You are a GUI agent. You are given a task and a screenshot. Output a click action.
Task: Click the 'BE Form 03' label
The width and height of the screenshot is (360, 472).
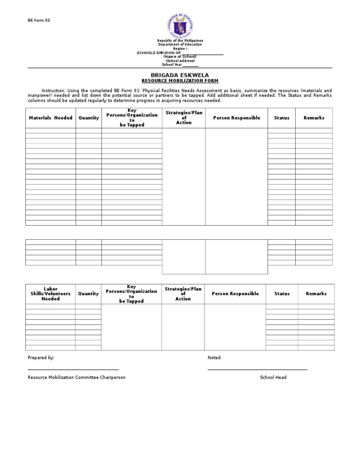point(38,20)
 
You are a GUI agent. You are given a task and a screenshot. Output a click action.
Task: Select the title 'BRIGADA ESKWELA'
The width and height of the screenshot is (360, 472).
point(180,75)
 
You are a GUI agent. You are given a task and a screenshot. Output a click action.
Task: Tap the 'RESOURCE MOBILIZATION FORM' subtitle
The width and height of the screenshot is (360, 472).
point(180,81)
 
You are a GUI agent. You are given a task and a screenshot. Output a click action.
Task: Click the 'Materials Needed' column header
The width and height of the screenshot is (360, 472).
point(51,118)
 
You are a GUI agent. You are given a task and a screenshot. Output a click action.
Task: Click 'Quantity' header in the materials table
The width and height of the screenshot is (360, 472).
point(89,118)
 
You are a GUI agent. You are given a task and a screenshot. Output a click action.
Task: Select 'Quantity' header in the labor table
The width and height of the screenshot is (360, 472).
point(89,294)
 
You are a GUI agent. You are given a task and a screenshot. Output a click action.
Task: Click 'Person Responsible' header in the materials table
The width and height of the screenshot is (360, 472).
point(236,118)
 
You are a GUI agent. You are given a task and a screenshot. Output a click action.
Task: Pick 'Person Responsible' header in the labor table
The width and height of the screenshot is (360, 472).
point(235,294)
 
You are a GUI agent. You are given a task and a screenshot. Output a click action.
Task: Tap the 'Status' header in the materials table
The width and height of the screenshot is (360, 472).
point(281,118)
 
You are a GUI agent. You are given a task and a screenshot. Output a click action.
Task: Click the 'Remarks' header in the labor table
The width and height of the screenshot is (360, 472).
point(316,294)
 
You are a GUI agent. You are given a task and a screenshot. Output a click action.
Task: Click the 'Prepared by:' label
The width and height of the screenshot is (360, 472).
point(41,358)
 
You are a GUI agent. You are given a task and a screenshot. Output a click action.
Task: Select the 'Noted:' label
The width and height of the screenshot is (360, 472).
point(215,358)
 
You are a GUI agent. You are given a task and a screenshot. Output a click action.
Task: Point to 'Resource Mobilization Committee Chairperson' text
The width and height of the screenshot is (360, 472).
point(76,377)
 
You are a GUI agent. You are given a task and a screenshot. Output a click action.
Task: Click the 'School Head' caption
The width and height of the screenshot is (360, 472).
point(273,377)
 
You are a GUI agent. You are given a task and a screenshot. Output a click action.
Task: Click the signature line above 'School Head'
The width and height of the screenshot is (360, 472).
point(257,370)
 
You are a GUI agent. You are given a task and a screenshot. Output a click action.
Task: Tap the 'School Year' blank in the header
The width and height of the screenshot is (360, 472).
point(190,65)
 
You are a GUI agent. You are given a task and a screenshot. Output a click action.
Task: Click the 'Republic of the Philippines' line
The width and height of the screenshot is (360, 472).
point(180,41)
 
